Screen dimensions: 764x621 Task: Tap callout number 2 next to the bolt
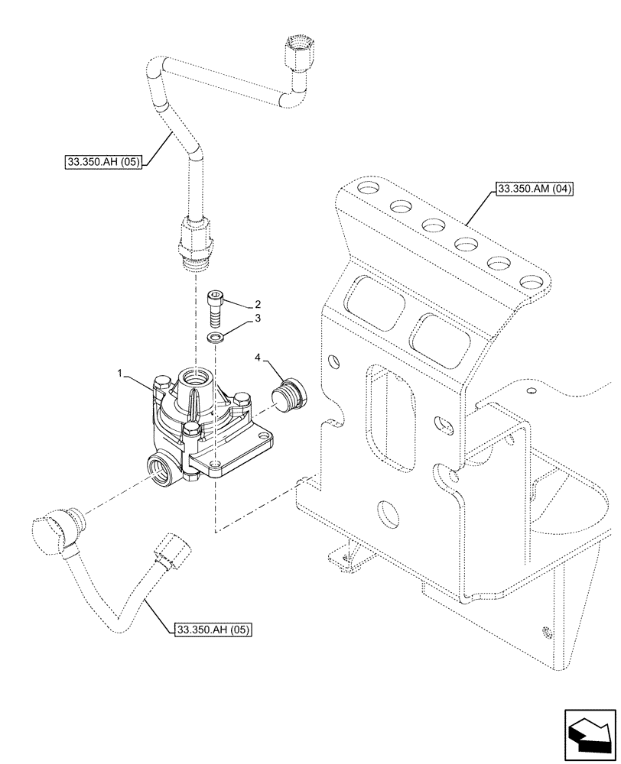[258, 303]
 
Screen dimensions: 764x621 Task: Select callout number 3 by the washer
[258, 319]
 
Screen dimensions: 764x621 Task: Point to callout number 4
[258, 358]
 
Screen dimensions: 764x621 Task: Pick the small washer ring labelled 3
[217, 337]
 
